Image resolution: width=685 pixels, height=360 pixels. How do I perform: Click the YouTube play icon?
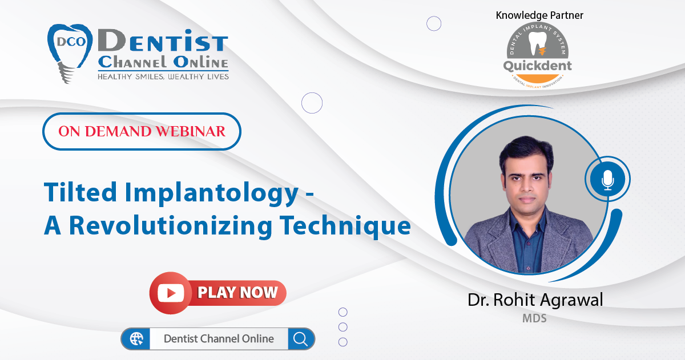pos(171,293)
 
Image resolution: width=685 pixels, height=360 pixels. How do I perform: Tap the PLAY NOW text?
pos(237,293)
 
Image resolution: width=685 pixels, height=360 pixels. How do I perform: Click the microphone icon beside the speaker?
pos(607,179)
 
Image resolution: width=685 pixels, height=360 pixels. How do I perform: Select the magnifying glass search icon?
pos(301,339)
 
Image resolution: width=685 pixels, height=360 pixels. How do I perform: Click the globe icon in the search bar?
pos(136,339)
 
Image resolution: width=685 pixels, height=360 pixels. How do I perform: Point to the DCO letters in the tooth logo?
pos(71,42)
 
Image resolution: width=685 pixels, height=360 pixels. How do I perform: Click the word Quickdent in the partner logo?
pos(537,66)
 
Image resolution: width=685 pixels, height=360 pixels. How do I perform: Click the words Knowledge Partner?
pos(539,15)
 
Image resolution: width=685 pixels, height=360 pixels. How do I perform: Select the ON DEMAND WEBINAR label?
pos(142,131)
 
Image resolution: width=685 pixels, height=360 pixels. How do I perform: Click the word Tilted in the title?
pos(80,192)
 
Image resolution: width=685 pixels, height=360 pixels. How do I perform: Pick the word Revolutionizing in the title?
pos(171,225)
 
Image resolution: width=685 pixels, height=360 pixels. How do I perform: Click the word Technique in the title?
pos(345,225)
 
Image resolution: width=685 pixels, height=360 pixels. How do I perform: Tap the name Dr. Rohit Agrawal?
pos(535,300)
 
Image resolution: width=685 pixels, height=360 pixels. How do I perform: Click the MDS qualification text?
pos(534,318)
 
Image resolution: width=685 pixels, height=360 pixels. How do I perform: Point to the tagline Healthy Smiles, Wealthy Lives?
pos(163,76)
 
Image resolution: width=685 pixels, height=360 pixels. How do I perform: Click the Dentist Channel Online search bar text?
pos(219,339)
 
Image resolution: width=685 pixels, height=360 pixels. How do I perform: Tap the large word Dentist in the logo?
pos(163,41)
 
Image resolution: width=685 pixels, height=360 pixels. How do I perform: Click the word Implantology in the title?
pos(212,193)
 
